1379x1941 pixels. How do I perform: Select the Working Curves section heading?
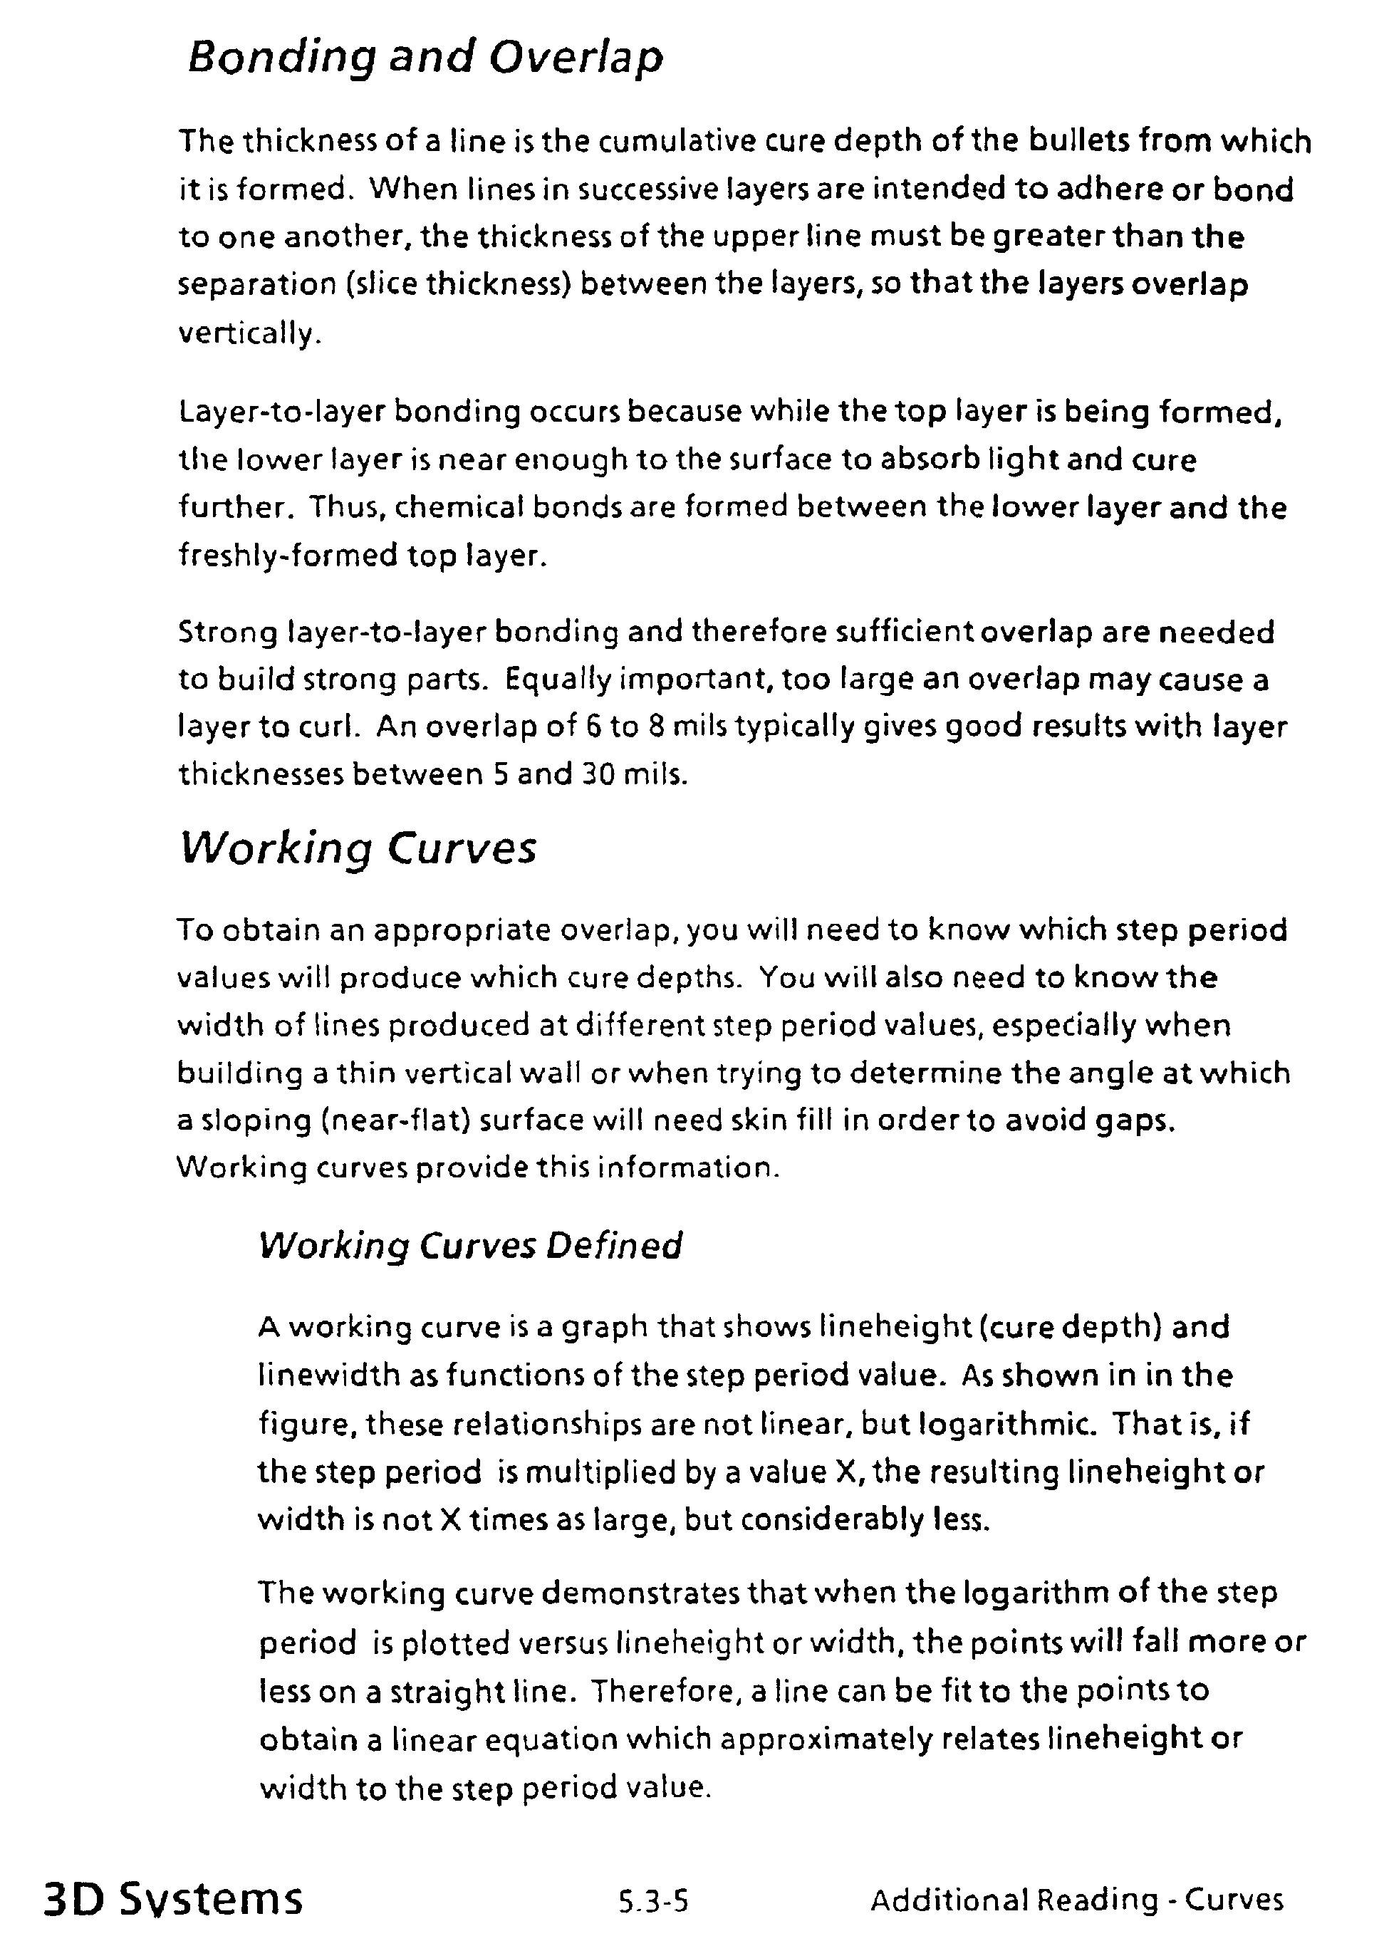pos(358,848)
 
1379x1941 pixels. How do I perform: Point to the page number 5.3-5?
pos(653,1900)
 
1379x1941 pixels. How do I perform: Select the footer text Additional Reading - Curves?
pos(1077,1898)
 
